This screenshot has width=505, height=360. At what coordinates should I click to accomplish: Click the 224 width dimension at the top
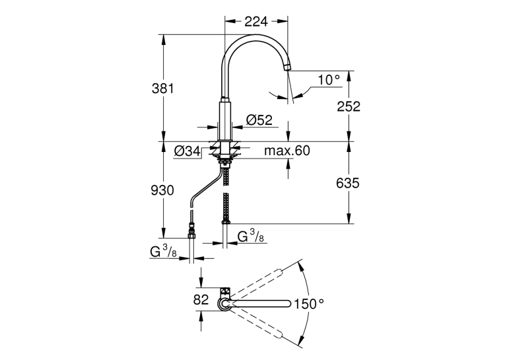(256, 22)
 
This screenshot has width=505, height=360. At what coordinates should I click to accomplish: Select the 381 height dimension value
(162, 89)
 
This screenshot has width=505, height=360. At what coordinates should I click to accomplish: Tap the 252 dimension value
(349, 106)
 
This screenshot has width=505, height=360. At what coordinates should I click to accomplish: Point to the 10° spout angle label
(329, 80)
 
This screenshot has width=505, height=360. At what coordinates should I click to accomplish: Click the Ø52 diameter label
(259, 120)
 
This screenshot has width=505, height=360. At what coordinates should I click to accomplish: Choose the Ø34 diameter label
(187, 151)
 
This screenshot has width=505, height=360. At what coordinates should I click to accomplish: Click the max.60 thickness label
(287, 151)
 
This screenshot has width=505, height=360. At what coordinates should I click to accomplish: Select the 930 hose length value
(162, 190)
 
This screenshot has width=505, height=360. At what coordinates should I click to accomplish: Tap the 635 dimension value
(347, 184)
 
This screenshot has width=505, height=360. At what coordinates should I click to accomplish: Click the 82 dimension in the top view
(201, 300)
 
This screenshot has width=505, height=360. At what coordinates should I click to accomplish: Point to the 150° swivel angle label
(308, 304)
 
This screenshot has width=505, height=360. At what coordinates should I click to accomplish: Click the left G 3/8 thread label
(163, 252)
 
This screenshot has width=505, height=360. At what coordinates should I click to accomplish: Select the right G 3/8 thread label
(251, 236)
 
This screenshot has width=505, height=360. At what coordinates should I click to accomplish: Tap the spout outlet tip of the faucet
(286, 67)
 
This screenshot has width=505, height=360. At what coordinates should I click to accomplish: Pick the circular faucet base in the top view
(224, 304)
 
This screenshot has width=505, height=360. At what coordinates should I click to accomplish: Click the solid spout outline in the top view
(260, 304)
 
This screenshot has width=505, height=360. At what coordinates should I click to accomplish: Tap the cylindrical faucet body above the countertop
(224, 121)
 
